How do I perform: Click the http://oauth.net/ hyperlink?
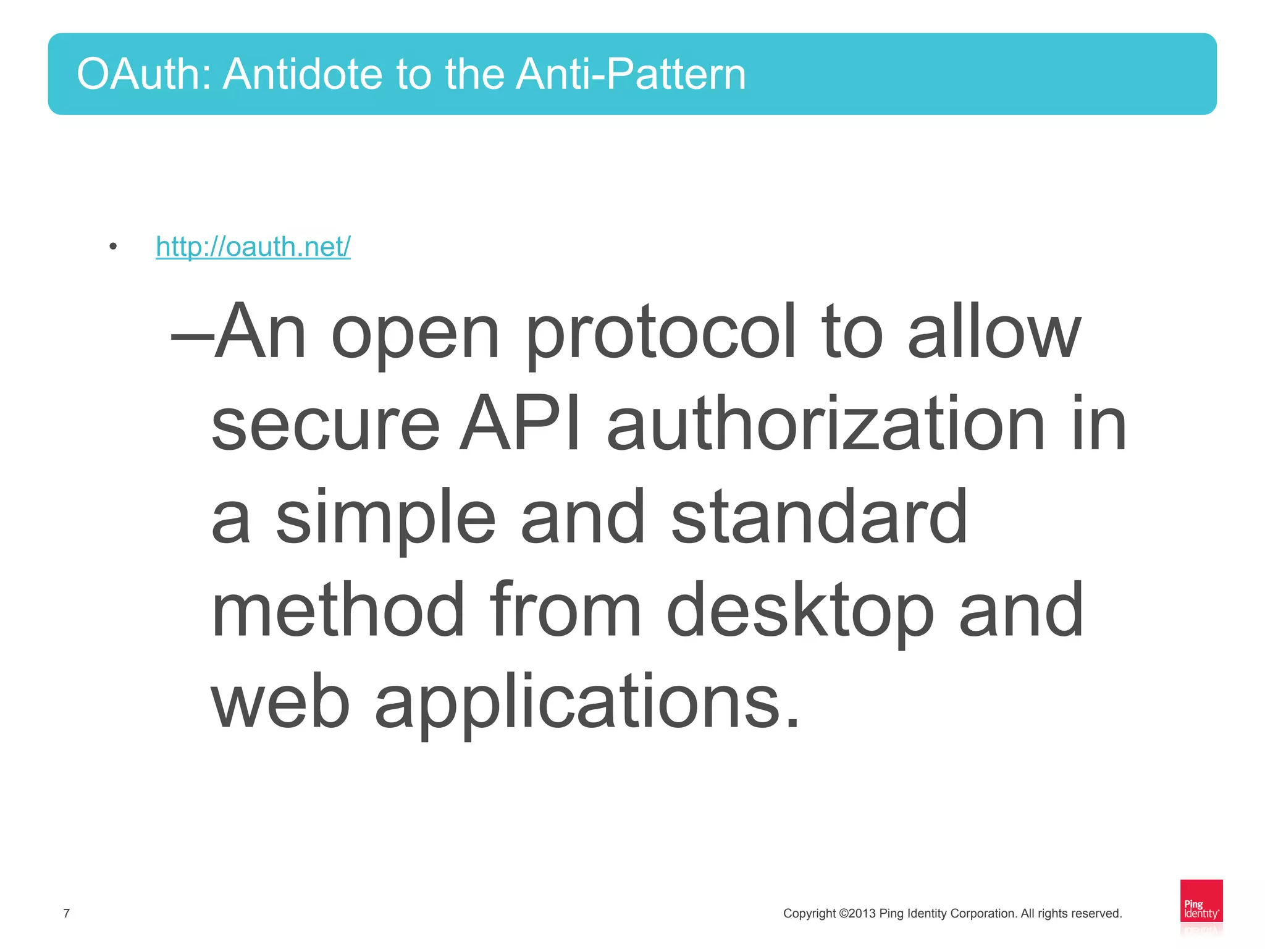point(253,247)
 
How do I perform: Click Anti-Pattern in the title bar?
point(631,74)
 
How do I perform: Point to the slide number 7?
point(67,913)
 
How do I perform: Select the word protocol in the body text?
point(661,334)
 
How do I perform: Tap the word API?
point(519,425)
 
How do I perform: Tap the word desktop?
point(800,610)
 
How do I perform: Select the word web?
point(281,702)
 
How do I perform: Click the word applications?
point(587,703)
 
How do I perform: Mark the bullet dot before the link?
point(112,247)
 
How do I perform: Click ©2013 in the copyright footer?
point(857,913)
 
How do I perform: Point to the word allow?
point(994,334)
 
